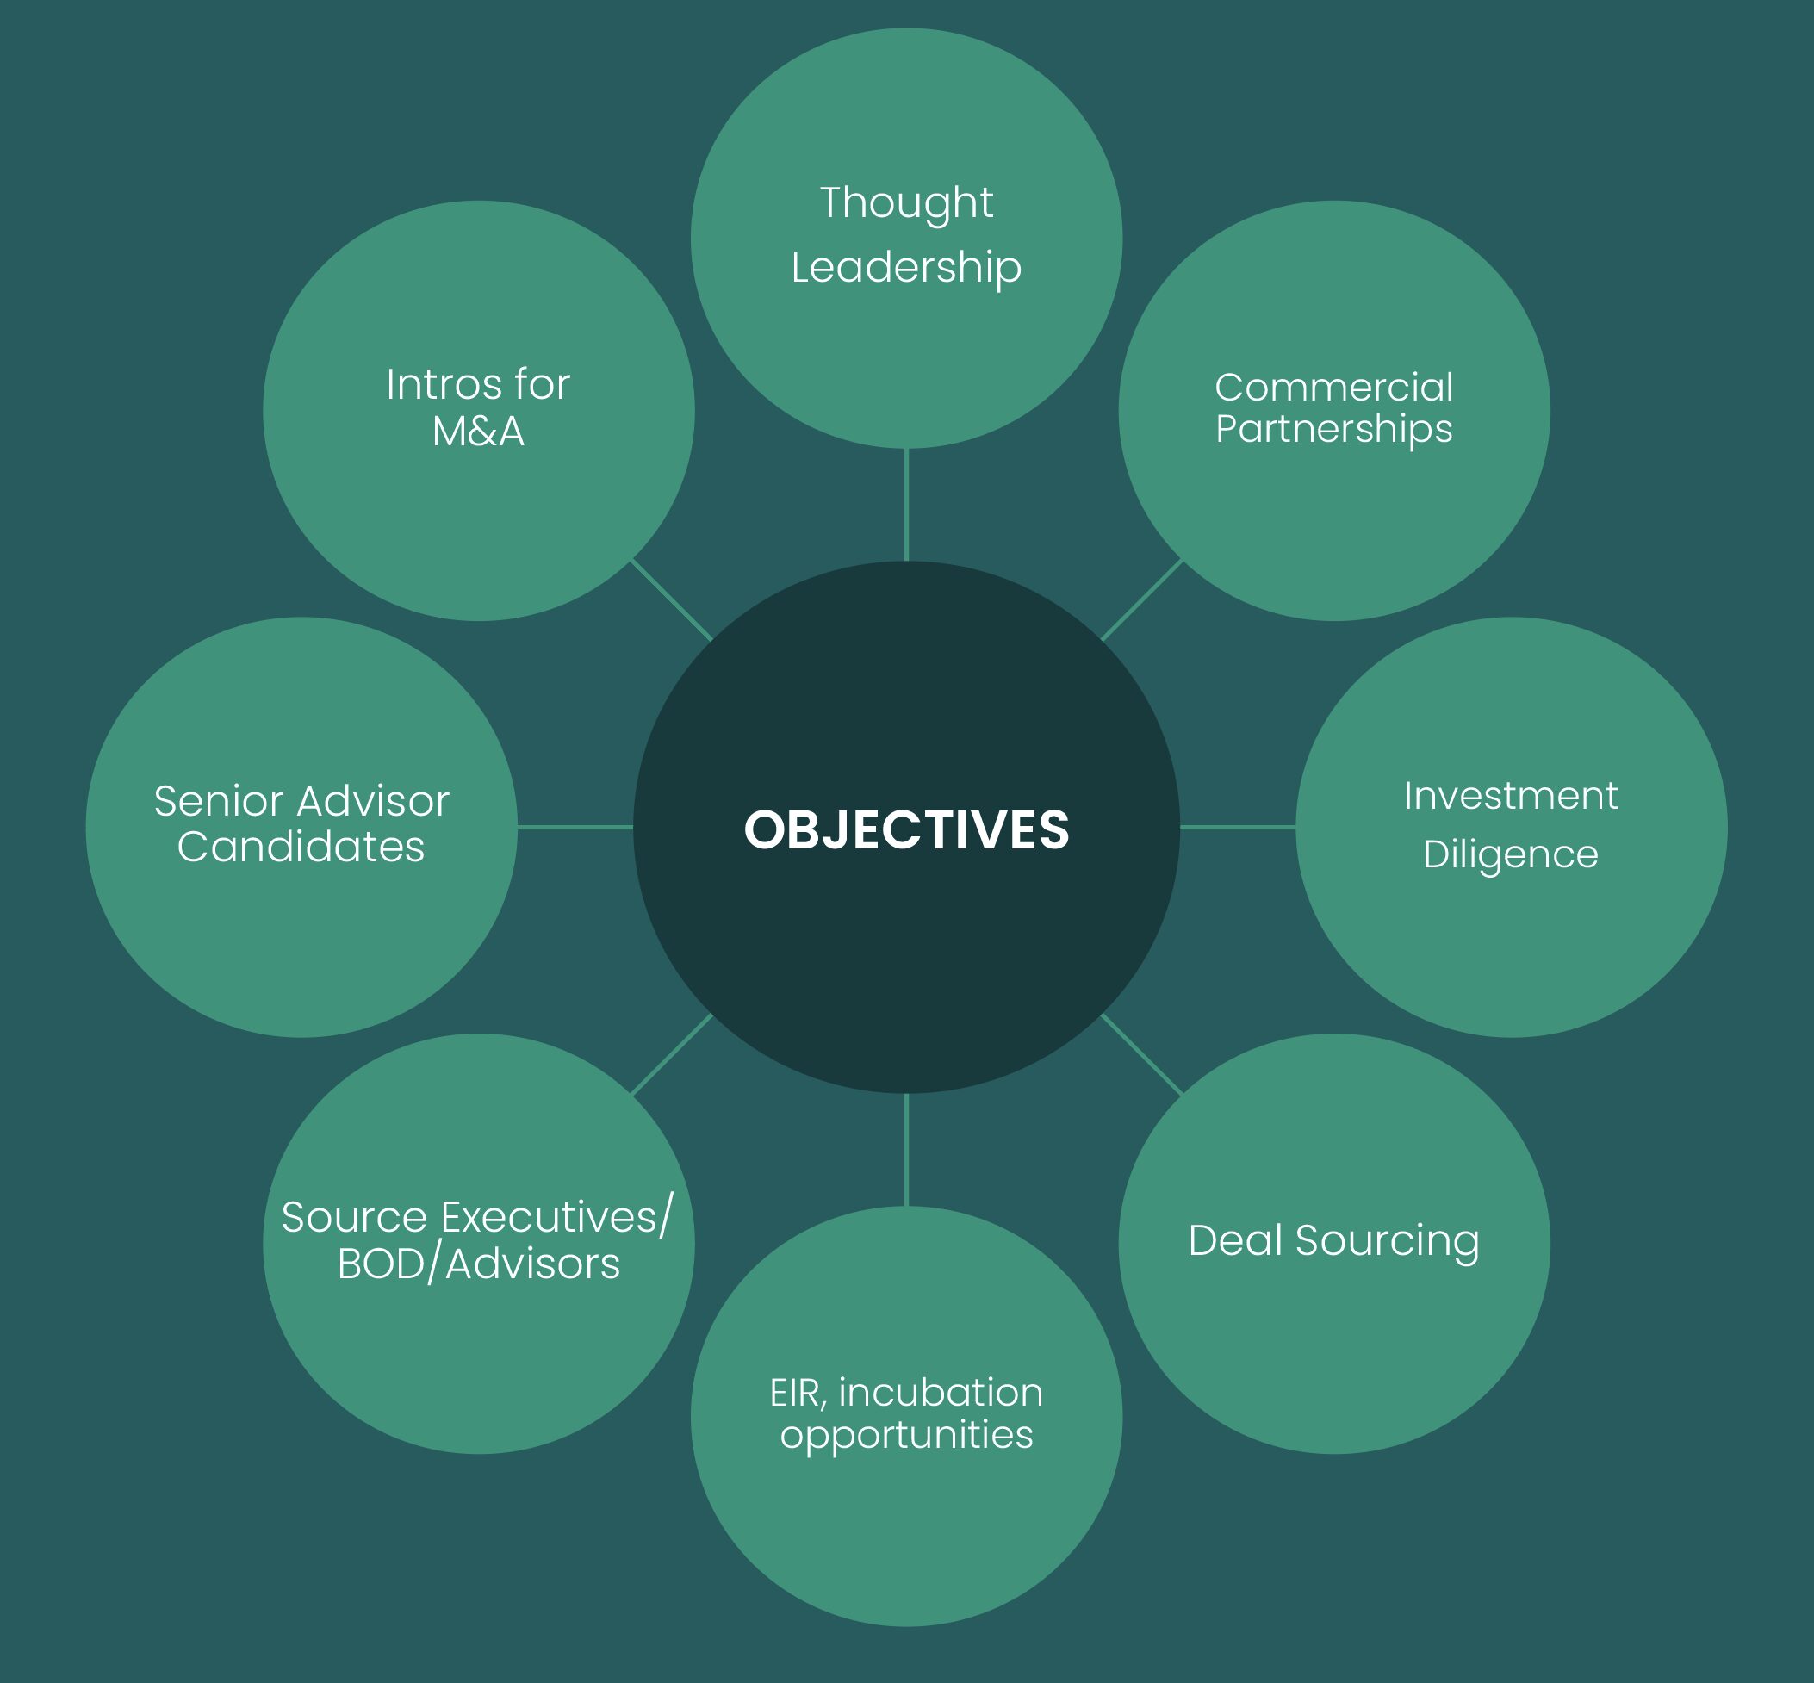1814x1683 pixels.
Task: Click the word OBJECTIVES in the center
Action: pyautogui.click(x=906, y=829)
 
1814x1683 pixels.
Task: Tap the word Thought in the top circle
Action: pyautogui.click(x=906, y=202)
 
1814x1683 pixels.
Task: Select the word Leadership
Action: pyautogui.click(x=906, y=268)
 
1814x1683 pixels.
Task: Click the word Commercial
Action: pyautogui.click(x=1333, y=388)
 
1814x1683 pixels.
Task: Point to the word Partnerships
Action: pyautogui.click(x=1333, y=429)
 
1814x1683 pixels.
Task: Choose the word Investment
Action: pyautogui.click(x=1511, y=796)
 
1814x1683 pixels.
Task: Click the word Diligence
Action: pyautogui.click(x=1511, y=854)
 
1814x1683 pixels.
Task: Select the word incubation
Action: pyautogui.click(x=940, y=1393)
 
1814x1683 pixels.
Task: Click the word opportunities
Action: pyautogui.click(x=906, y=1434)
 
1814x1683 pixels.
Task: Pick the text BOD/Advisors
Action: pyautogui.click(x=478, y=1264)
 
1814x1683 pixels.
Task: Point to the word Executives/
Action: pyautogui.click(x=557, y=1218)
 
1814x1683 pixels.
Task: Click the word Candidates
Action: pyautogui.click(x=301, y=847)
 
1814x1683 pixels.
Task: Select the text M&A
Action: pyautogui.click(x=478, y=432)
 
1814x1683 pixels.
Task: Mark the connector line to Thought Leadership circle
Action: pyautogui.click(x=906, y=505)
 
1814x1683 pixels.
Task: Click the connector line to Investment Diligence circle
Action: pyautogui.click(x=1238, y=827)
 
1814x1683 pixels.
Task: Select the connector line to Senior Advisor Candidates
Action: pyautogui.click(x=575, y=827)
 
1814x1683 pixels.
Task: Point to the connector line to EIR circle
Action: pyautogui.click(x=906, y=1149)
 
